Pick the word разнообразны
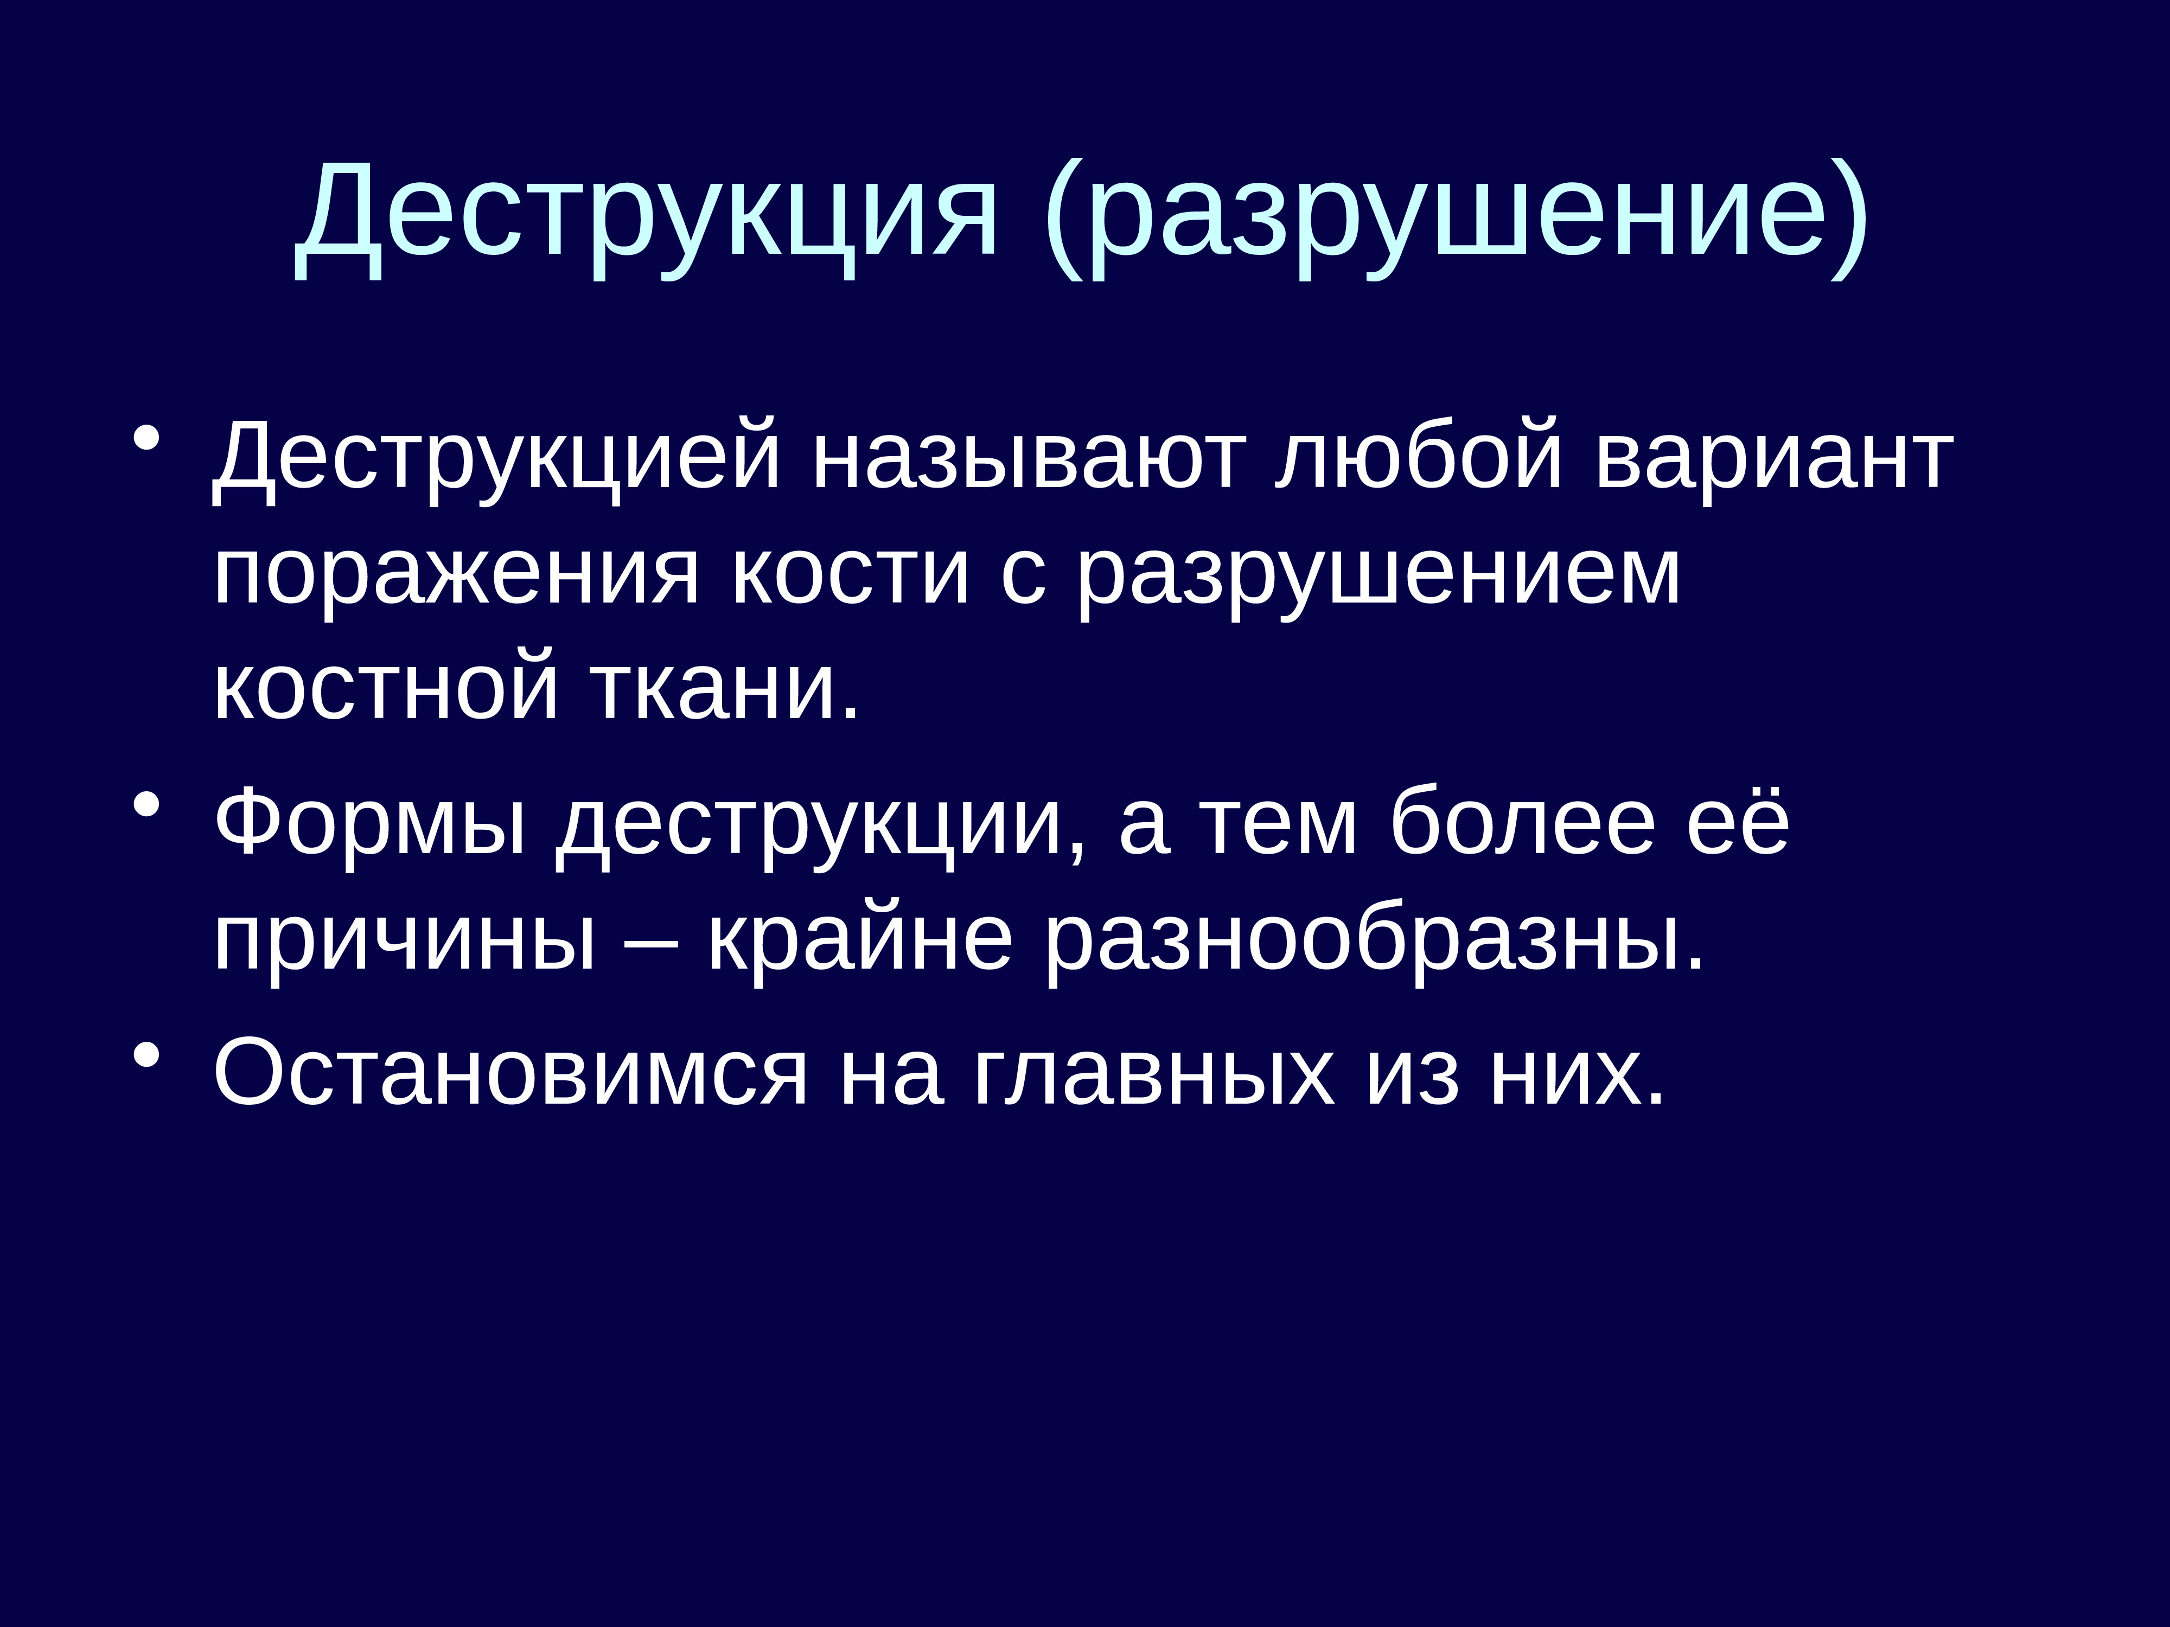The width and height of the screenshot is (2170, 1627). point(1374,941)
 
